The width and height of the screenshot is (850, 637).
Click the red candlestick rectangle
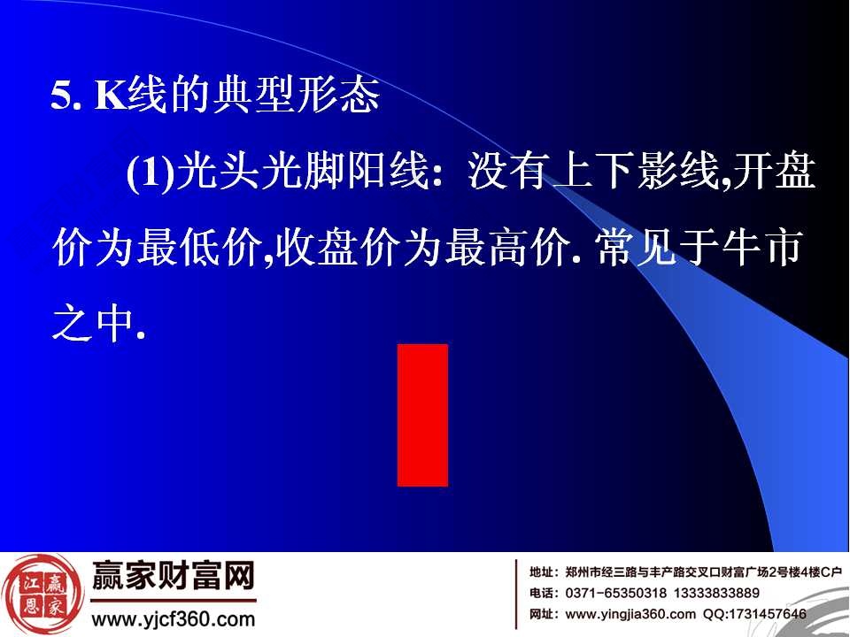coord(422,415)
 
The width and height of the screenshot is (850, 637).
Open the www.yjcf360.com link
coord(174,619)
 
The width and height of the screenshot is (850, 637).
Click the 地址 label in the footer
coord(543,572)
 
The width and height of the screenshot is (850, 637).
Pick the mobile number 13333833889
coord(715,593)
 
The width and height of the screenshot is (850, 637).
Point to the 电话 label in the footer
coord(543,593)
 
